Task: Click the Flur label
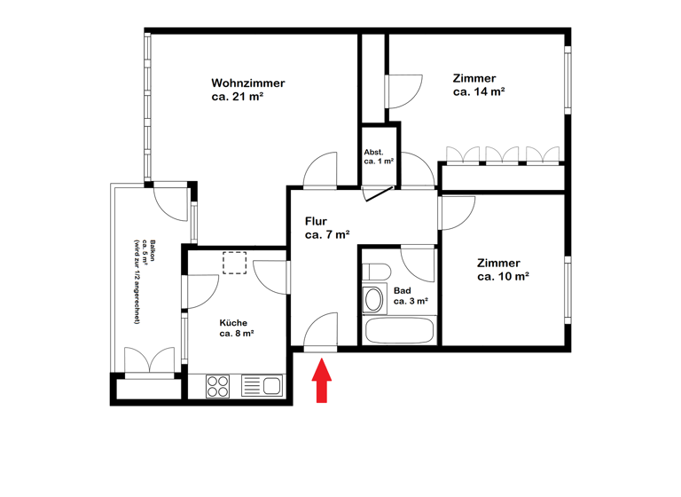click(317, 221)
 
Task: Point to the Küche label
click(234, 322)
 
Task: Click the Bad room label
click(402, 290)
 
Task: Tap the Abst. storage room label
click(373, 152)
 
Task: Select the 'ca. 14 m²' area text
click(479, 91)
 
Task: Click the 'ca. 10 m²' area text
click(503, 276)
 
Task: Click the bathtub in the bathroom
click(400, 331)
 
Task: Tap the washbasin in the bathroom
click(374, 299)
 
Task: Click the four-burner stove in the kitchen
click(218, 386)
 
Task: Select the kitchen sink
click(270, 386)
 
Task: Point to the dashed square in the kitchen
click(235, 264)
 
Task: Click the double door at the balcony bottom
click(149, 362)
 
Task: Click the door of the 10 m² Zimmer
click(456, 213)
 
